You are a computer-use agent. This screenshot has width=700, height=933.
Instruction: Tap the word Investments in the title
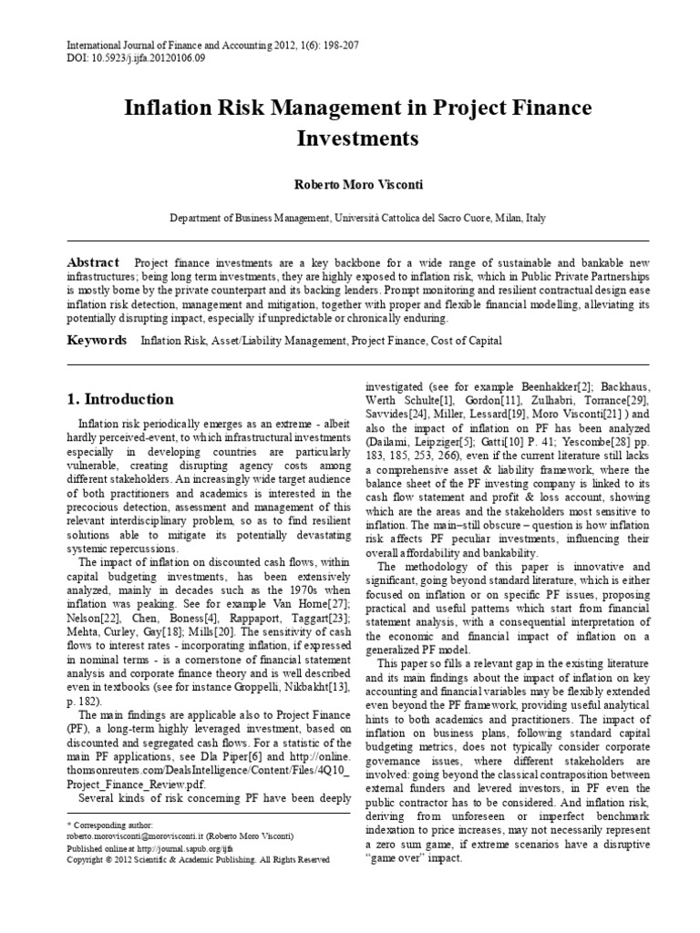[357, 139]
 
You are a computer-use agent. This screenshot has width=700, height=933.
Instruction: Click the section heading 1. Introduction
[121, 399]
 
